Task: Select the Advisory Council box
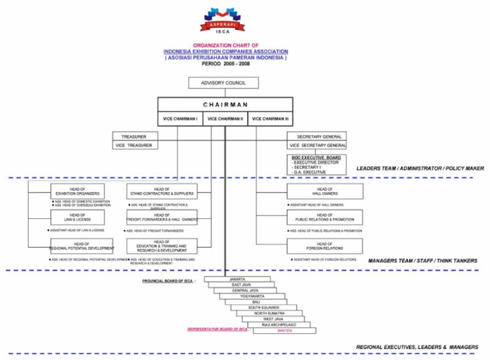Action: pos(224,83)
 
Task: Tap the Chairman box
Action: pos(225,105)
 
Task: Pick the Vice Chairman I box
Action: pos(180,119)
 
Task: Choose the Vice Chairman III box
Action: pos(270,119)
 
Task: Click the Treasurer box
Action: pos(134,137)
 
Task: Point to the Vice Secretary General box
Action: pos(318,146)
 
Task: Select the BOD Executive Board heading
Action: pos(316,157)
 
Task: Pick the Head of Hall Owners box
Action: pos(325,191)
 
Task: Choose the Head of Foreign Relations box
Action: pos(325,246)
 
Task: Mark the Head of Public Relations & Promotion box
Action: pos(325,218)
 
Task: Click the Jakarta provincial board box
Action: pos(237,279)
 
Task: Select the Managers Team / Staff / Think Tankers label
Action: pos(422,261)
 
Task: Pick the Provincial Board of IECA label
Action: pos(168,281)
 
